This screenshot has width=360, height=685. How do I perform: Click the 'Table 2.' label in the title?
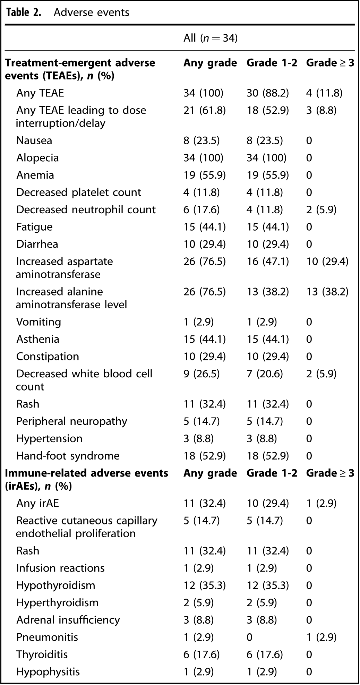24,12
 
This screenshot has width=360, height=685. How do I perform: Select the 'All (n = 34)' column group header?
211,38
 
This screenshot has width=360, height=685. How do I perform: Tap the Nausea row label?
34,140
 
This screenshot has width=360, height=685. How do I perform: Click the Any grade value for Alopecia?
204,158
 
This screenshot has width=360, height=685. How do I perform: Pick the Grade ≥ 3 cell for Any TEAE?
324,93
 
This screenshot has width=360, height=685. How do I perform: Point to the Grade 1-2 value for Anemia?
268,175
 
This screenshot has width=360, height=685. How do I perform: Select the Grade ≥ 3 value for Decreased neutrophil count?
321,209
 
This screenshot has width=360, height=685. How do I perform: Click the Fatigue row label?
34,227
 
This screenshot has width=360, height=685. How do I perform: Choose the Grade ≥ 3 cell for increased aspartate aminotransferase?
327,262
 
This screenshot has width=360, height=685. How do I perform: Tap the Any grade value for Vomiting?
198,322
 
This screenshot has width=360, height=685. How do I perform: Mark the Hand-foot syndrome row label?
68,456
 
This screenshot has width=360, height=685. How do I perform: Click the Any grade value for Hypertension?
198,438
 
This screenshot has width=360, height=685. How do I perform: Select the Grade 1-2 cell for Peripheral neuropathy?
265,421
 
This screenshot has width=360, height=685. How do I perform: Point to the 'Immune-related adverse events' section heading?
87,473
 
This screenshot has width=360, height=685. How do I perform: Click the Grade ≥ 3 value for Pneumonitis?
321,637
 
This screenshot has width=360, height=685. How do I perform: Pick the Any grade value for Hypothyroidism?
205,585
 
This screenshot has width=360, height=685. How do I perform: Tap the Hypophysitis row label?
48,672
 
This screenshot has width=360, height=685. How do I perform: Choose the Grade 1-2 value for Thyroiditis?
265,654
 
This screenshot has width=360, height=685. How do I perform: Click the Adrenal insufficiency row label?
68,620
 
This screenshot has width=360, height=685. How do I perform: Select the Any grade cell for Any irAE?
205,503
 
